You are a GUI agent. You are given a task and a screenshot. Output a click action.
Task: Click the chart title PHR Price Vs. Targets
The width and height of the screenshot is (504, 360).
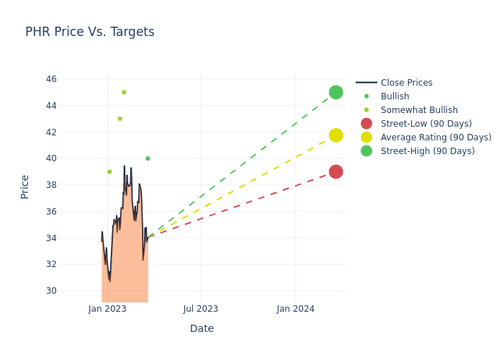(x=90, y=32)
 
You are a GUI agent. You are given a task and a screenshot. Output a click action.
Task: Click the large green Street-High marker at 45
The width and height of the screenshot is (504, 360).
(x=336, y=92)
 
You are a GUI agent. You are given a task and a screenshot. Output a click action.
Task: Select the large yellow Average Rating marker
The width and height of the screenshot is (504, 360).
(x=336, y=135)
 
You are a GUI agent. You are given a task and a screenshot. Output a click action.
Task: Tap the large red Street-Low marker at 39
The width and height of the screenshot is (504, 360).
(x=336, y=171)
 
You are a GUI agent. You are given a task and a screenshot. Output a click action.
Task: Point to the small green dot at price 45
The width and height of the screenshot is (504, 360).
(x=124, y=92)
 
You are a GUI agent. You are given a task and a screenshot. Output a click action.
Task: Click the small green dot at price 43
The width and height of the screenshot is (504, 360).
(x=120, y=119)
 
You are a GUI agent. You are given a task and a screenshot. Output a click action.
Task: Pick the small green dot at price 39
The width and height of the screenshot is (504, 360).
(x=109, y=171)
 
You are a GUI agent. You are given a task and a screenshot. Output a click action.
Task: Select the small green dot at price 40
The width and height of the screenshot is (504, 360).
(x=148, y=158)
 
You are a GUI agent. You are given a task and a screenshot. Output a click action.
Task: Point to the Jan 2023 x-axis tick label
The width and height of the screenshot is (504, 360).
(x=107, y=309)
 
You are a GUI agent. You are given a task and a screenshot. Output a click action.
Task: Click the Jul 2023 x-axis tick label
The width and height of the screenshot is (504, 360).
(x=201, y=309)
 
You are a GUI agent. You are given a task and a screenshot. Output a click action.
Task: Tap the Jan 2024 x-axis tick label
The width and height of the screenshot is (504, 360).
(x=295, y=309)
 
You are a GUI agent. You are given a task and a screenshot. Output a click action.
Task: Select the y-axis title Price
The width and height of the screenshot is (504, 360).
(x=25, y=186)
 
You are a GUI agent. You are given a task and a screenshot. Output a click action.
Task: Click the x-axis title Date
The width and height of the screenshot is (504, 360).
(x=202, y=329)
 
